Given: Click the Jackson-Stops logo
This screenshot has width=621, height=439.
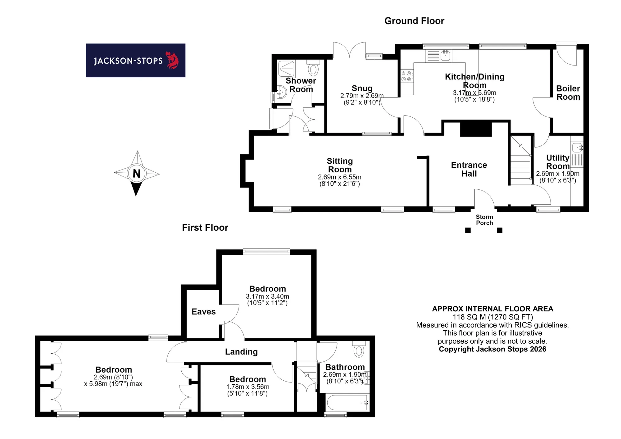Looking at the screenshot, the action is click(x=136, y=60).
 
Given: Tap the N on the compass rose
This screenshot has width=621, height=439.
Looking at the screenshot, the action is click(x=137, y=173).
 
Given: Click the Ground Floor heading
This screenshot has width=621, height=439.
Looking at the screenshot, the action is click(x=414, y=21).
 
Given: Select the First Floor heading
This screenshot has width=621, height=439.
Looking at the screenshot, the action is click(x=205, y=228).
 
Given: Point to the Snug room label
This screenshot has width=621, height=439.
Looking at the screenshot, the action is click(x=362, y=88).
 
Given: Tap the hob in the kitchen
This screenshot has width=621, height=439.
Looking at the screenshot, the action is click(x=407, y=76).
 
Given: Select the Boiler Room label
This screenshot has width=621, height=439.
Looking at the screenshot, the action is click(x=568, y=93).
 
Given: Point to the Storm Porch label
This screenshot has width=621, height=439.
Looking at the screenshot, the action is click(x=484, y=220).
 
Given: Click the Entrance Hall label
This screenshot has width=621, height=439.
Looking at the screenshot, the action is click(x=469, y=169).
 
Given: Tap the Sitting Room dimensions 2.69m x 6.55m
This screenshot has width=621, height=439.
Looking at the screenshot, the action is click(x=340, y=177).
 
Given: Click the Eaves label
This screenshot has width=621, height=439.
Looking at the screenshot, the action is click(x=204, y=312).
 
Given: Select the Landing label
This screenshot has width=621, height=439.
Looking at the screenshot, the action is click(x=241, y=352).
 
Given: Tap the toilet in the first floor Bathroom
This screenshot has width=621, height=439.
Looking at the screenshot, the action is click(x=359, y=349).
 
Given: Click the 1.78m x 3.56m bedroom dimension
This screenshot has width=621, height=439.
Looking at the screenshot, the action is click(x=248, y=387).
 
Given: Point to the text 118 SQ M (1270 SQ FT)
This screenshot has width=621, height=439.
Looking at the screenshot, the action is click(x=493, y=317).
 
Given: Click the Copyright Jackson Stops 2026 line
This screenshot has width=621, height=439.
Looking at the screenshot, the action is click(x=492, y=349).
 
